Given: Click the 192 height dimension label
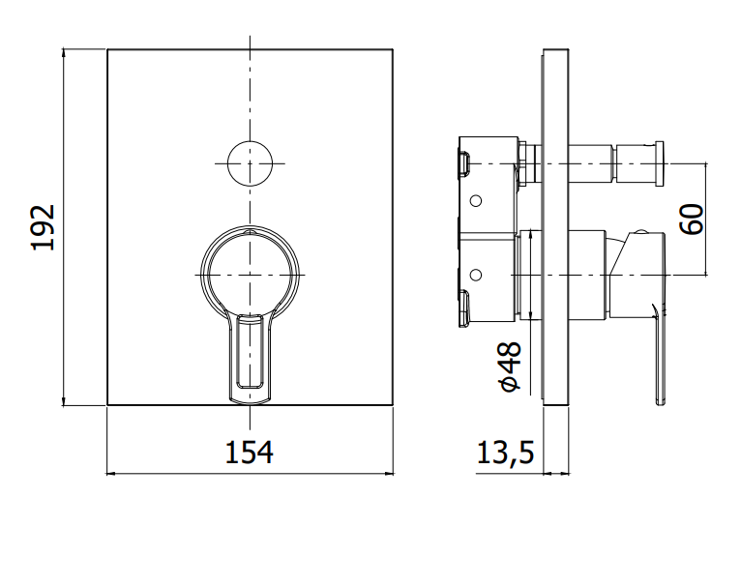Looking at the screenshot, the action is click(x=43, y=227).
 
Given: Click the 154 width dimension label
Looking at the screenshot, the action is click(x=249, y=453).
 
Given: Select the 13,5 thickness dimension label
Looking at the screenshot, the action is click(x=505, y=453).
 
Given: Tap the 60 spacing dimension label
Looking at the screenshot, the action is click(x=692, y=220).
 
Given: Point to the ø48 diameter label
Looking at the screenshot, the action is click(x=511, y=366).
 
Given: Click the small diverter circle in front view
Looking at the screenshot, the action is click(x=250, y=163).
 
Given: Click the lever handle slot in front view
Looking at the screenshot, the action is click(x=250, y=352).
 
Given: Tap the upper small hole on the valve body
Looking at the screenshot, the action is click(x=476, y=201).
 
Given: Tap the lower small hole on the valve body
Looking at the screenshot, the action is click(x=476, y=275).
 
